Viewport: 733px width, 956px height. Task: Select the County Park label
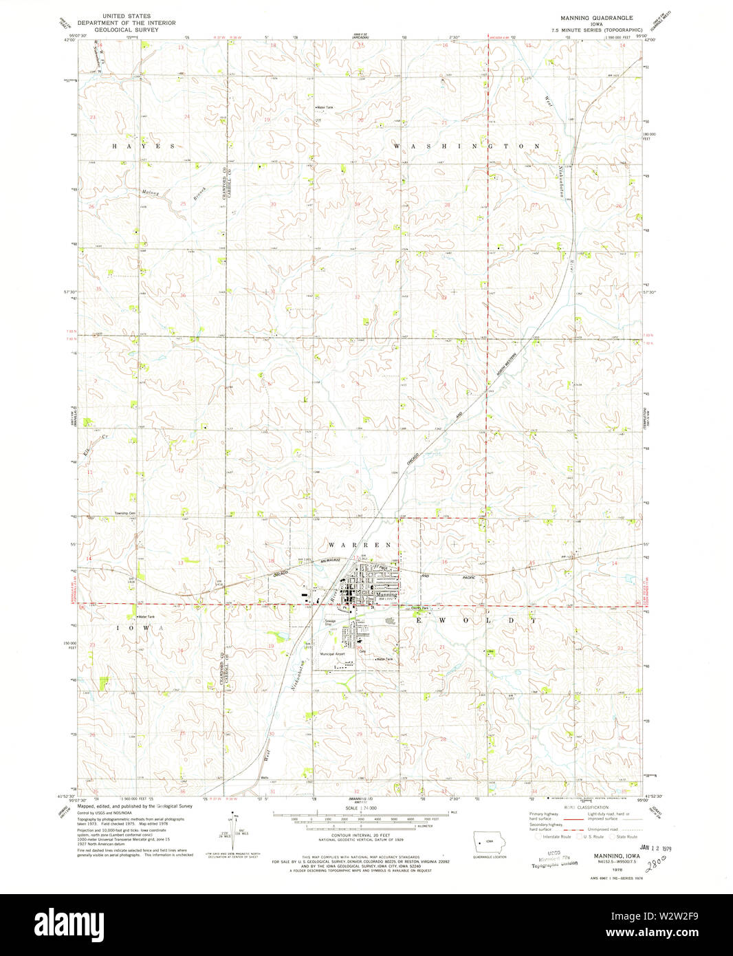tap(420, 609)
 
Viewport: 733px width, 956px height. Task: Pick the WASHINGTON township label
tap(468, 146)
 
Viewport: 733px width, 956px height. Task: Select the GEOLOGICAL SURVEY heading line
tap(127, 30)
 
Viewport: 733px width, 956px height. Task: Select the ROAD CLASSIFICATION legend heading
tap(586, 807)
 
